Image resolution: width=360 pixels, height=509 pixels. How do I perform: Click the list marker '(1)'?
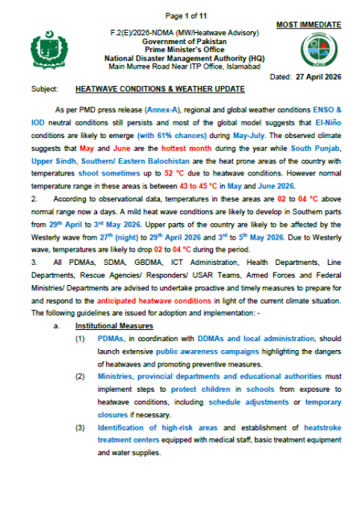79,340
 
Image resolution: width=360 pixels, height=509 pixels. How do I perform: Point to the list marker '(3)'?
79,428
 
